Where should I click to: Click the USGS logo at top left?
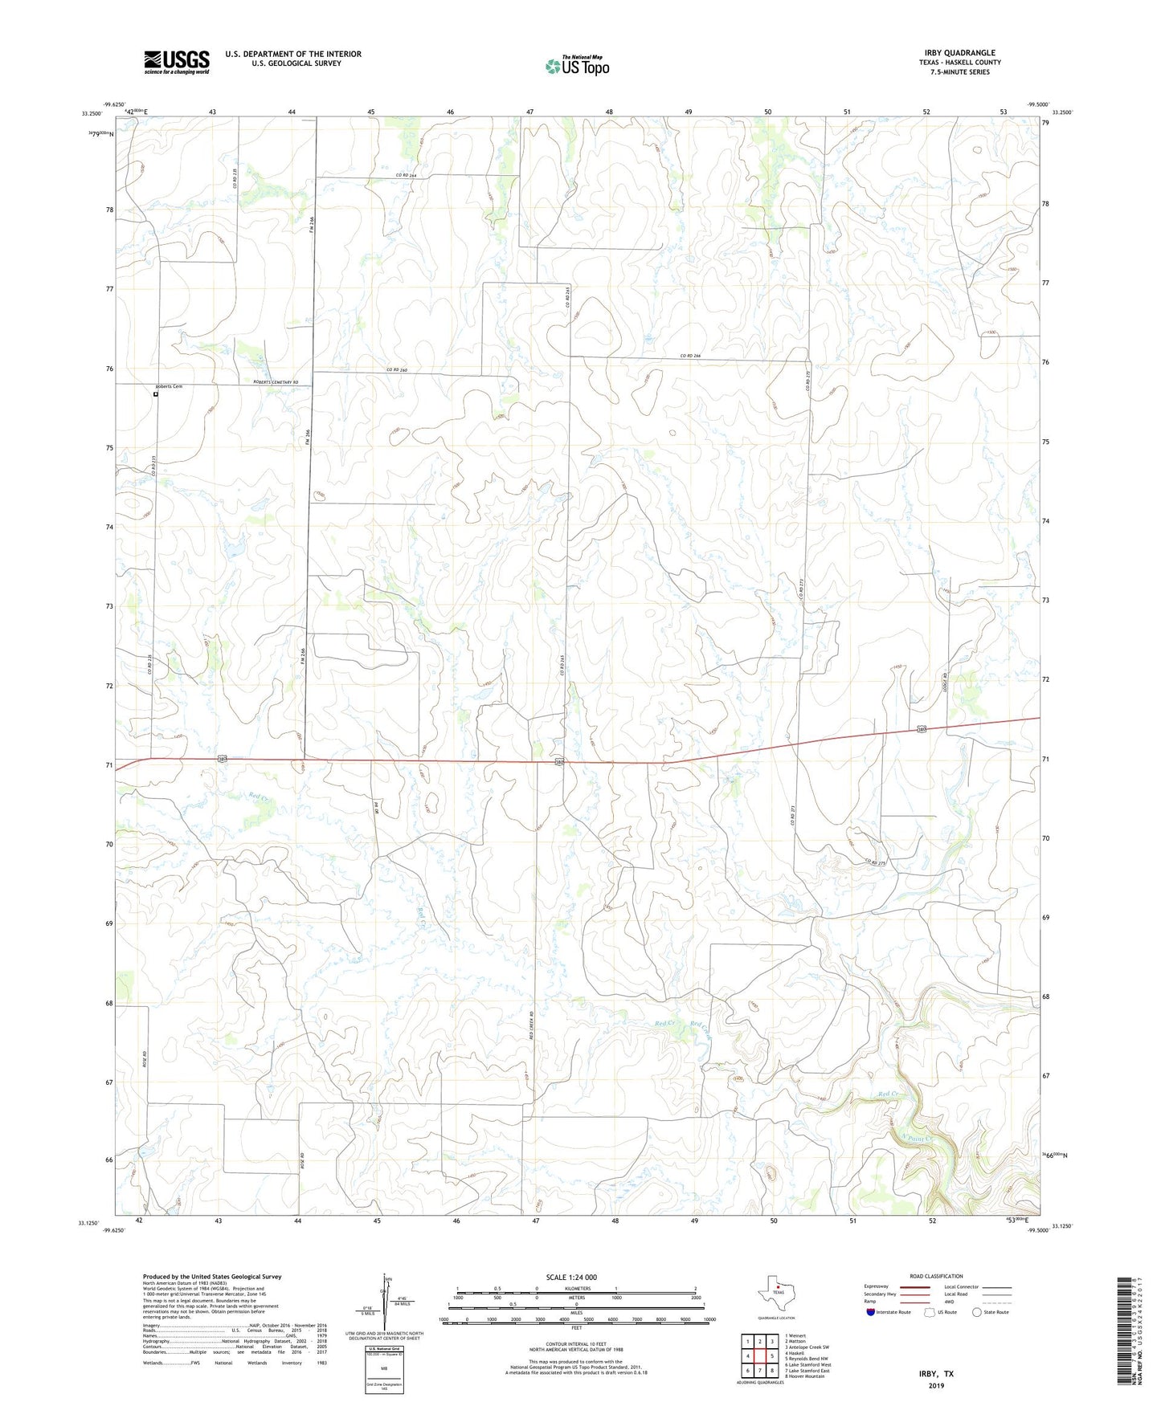click(177, 61)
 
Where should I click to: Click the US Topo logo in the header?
click(576, 66)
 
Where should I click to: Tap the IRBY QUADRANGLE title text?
click(959, 53)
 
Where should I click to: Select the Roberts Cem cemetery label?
click(169, 387)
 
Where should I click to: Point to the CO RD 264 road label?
click(407, 175)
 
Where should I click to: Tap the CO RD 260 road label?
click(398, 369)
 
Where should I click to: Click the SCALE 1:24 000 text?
click(571, 1278)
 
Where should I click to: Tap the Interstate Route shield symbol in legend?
click(872, 1312)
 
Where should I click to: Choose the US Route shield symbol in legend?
click(930, 1312)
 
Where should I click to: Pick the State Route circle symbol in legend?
click(976, 1312)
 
